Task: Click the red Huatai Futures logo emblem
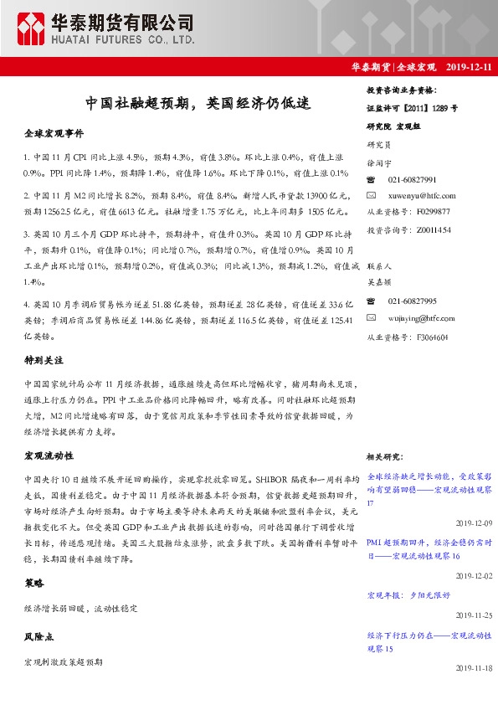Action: coord(32,29)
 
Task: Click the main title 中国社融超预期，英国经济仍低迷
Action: coord(198,104)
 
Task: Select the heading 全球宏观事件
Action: coord(54,133)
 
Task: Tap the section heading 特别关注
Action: coord(43,337)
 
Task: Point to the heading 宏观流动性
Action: coord(49,456)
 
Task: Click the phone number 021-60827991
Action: coord(413,180)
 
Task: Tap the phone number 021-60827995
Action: coord(413,301)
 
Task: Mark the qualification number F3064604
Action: coord(428,337)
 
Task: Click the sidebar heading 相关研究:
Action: coord(386,457)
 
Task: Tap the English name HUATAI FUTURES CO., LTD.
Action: coord(125,39)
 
